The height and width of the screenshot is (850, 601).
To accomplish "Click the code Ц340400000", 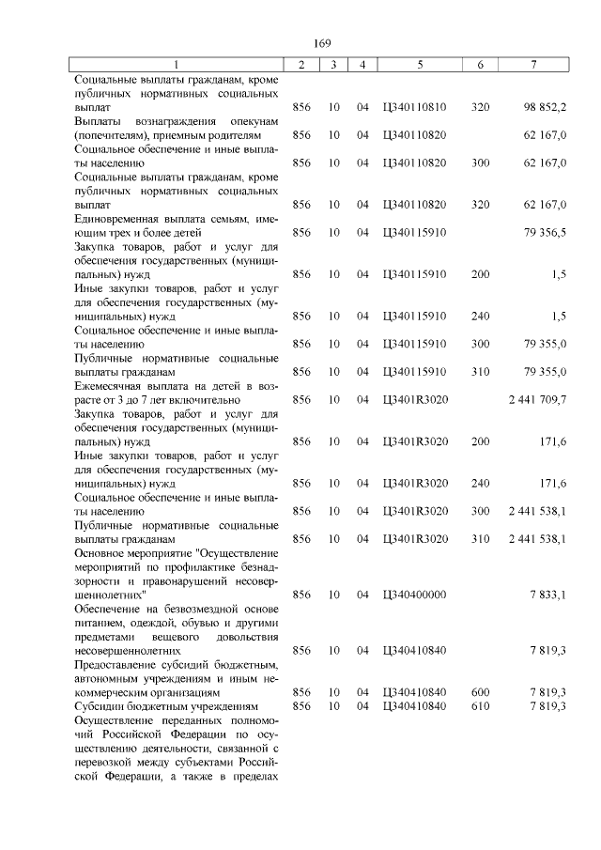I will coord(414,595).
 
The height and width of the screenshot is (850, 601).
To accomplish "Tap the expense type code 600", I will coord(480,692).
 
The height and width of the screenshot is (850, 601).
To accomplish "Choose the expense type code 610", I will coord(480,705).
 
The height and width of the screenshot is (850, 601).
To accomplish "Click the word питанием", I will coord(102,623).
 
